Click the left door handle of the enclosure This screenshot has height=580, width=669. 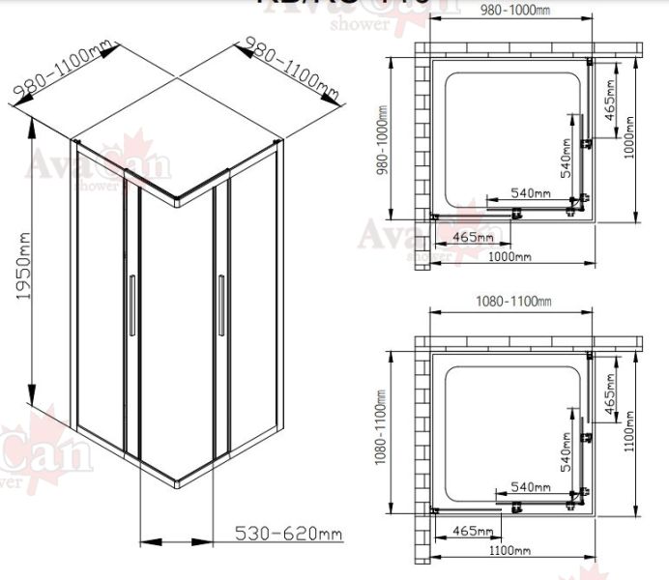point(132,306)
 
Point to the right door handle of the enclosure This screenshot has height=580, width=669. point(220,306)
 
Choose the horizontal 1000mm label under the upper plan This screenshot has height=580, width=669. point(510,256)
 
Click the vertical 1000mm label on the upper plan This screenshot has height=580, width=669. point(629,137)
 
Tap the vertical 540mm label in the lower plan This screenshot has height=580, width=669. point(567,454)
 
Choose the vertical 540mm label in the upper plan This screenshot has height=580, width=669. point(567,159)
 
